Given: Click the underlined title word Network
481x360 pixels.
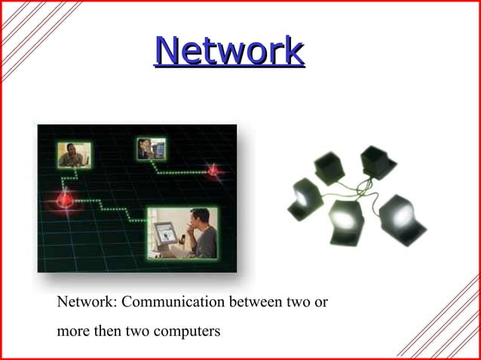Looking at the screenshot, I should point(229,51).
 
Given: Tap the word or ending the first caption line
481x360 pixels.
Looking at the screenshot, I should point(320,303).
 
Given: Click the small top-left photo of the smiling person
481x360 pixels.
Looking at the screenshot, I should point(74,155).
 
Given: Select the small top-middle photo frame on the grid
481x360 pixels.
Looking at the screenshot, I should point(151,148).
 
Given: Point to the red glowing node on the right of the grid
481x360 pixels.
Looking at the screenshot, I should point(213,171).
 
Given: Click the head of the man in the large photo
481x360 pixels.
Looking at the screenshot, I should point(198,221).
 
